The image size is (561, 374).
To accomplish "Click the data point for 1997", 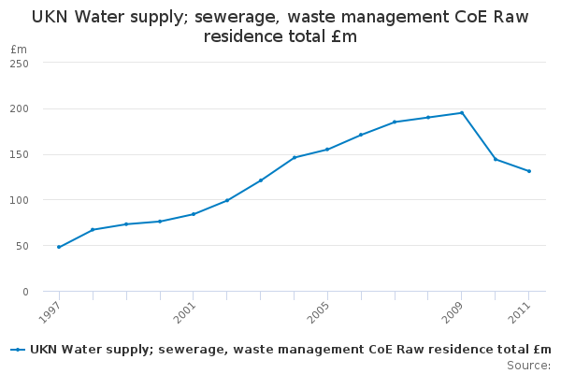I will (59, 247).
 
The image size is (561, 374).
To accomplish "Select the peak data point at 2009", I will (462, 113).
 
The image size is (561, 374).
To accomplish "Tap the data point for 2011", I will (529, 171).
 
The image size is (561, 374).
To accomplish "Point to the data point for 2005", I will (327, 150).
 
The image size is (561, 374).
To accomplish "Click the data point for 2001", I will (194, 214).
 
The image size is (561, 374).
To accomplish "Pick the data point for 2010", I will (496, 159).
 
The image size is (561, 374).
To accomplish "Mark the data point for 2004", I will (294, 157).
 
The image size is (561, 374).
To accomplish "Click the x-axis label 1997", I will (52, 310).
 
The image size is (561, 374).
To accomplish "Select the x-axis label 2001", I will (187, 310).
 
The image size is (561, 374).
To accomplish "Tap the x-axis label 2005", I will (321, 310).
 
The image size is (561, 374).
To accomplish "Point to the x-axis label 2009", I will (455, 310).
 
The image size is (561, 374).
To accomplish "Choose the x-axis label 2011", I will (523, 310).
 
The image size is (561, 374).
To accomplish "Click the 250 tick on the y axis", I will (20, 64).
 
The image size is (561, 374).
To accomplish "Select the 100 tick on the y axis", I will (20, 200).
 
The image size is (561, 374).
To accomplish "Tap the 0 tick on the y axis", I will (25, 292).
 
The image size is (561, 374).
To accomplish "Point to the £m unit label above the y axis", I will (19, 49).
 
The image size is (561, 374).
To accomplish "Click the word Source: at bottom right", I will (528, 365).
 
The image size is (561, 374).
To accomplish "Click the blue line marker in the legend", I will (18, 350).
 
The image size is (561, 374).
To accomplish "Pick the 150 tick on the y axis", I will (20, 154).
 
